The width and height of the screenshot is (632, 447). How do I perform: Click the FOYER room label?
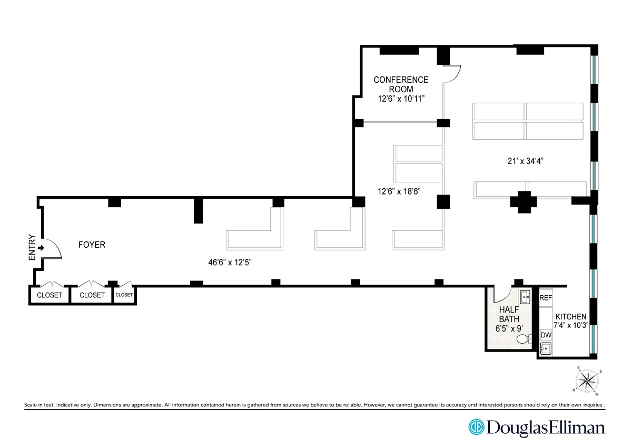[x=92, y=245]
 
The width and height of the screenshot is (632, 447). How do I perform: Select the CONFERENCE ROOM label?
[x=401, y=84]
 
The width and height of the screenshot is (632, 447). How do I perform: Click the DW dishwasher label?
[x=545, y=335]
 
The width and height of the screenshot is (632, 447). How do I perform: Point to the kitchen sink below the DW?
[x=546, y=348]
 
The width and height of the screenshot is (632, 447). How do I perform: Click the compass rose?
[x=587, y=381]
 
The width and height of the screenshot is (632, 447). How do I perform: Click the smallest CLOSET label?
[x=124, y=295]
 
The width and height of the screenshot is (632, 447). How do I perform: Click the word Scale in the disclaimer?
[x=33, y=405]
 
